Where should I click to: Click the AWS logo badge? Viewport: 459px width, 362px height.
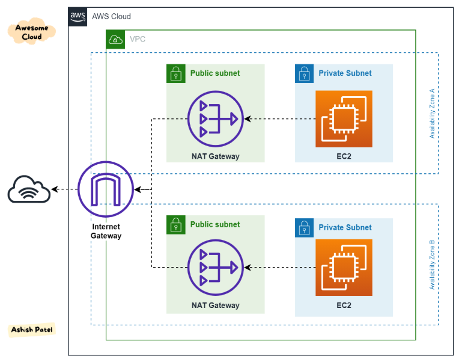tap(78, 17)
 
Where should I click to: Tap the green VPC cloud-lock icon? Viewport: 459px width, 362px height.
tap(115, 39)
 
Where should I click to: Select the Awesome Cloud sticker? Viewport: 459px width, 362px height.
tap(32, 31)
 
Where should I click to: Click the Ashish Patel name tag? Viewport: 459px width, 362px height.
tap(32, 330)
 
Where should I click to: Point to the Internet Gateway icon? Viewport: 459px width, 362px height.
tap(106, 189)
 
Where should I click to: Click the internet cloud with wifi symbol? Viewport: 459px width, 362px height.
tap(29, 189)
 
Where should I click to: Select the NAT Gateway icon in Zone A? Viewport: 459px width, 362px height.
tap(216, 119)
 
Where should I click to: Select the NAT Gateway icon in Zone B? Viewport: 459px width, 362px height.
tap(216, 268)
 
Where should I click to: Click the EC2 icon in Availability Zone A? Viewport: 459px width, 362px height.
tap(344, 119)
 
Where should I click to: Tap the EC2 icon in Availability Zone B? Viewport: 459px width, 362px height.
tap(344, 268)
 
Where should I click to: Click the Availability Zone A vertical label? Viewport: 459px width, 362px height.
tap(432, 114)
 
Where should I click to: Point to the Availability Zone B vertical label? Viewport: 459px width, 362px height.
tap(432, 265)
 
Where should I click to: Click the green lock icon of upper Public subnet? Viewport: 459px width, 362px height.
tap(176, 73)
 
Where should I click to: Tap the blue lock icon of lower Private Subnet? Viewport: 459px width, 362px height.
tap(305, 227)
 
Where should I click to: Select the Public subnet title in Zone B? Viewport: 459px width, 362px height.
tap(215, 224)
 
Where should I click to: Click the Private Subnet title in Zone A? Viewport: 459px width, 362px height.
tap(345, 73)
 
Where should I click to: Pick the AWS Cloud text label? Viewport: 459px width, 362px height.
tap(112, 16)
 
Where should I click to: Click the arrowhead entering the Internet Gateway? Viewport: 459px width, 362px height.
tap(138, 189)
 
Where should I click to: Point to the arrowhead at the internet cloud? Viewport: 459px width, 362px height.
tap(55, 189)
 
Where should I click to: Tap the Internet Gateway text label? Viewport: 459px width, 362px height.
tap(106, 231)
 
